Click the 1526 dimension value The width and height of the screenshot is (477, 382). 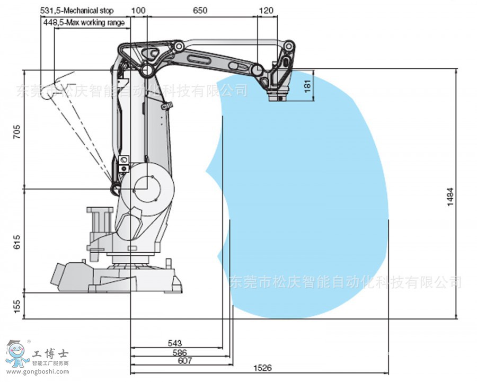pos(262,368)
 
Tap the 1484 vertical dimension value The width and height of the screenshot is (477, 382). pos(450,197)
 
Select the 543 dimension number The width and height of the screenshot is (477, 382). pos(175,343)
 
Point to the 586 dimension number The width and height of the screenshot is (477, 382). pos(180,353)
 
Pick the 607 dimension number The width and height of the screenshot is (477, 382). pos(185,361)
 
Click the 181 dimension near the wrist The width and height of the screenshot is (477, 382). pos(307,86)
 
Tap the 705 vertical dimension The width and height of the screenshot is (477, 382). pos(17,132)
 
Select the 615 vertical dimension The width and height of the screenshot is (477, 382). pos(17,242)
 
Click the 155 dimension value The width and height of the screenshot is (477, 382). pos(17,306)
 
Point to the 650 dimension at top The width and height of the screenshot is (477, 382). pos(200,11)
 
